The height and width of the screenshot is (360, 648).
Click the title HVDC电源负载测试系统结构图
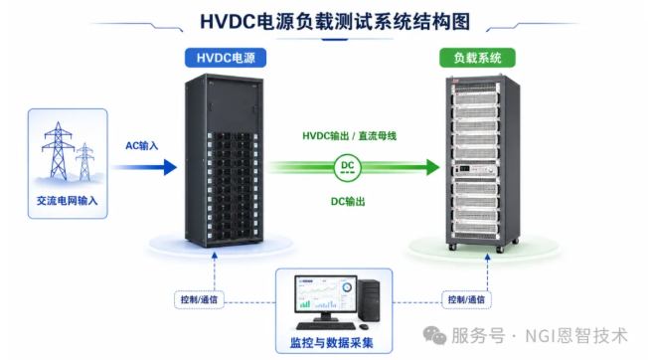coord(335,22)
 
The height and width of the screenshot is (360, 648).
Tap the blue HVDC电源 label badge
coord(226,58)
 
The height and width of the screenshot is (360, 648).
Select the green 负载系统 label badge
coord(477,58)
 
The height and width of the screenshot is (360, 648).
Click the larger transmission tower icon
coord(59,151)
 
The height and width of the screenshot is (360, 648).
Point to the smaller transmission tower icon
coord(84,161)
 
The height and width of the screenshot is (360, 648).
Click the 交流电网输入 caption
coord(67,201)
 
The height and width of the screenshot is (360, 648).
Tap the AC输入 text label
coord(142,146)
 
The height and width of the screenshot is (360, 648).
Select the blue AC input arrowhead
coord(170,167)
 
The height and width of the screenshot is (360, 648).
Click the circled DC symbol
coord(347,167)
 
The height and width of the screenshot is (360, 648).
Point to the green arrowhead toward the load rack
coord(433,167)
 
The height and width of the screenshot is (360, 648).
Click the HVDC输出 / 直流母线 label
coord(349,136)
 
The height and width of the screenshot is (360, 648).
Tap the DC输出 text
coord(348,202)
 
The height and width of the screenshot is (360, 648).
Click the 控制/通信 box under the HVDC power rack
coord(199,299)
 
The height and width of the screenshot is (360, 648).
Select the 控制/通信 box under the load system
coord(466,299)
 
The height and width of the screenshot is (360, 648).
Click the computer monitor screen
coord(325,294)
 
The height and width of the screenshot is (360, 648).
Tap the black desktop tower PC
coord(369,300)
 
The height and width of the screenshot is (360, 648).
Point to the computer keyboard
coord(326,326)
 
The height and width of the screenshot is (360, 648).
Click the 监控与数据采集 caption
coord(331,343)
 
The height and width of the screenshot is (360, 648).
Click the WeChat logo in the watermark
coord(434,335)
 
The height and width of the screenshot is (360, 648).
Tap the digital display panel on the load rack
coord(464,169)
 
